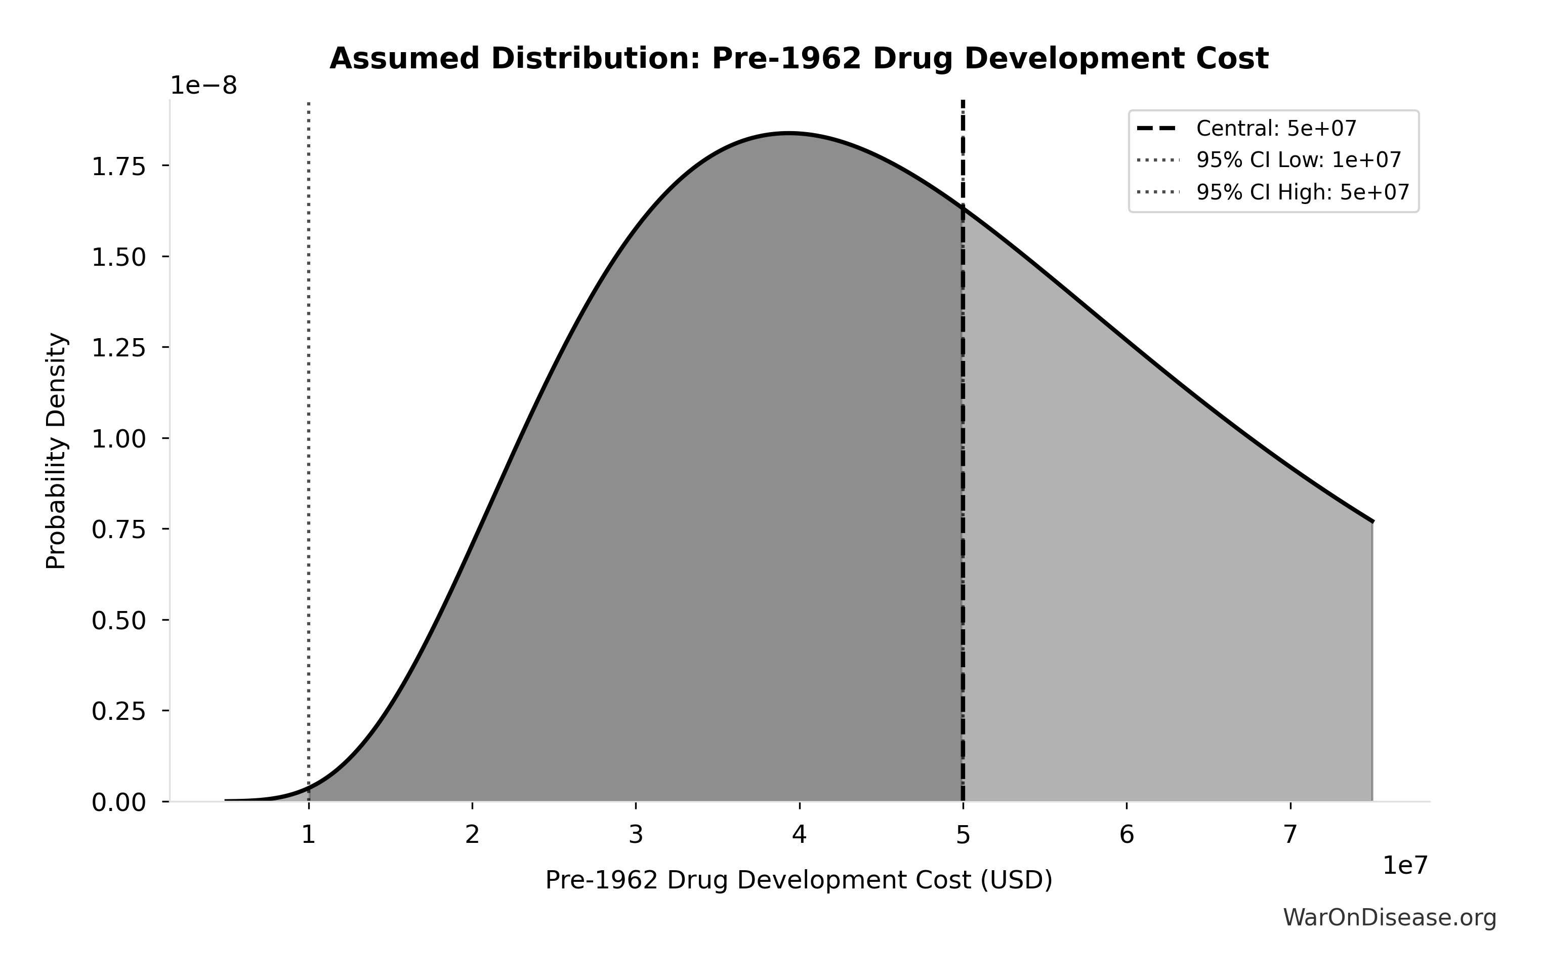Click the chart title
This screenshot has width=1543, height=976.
799,59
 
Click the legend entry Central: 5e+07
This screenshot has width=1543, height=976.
1276,129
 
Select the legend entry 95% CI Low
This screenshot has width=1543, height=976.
1298,160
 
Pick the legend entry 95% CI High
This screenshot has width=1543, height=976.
1302,192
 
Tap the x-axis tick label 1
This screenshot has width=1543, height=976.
308,834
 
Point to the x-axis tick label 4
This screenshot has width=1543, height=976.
799,834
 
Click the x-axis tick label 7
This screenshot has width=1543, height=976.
1290,834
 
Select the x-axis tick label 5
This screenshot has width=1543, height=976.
963,834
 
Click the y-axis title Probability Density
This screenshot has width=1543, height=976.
56,451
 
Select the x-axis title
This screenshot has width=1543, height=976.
799,880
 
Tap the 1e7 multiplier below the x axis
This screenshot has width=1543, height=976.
1405,865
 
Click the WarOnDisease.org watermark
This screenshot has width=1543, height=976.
1389,918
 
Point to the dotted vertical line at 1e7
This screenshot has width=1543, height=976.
308,449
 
